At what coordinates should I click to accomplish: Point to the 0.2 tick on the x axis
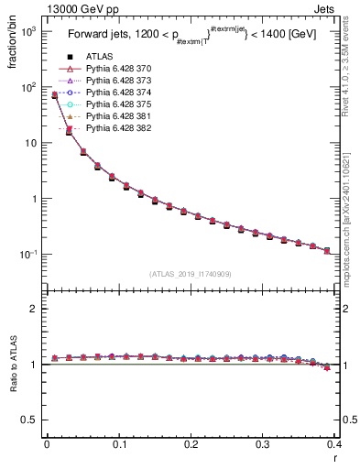coord(191,447)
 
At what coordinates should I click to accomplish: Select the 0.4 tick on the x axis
coord(334,447)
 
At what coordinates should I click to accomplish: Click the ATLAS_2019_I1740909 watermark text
coord(190,273)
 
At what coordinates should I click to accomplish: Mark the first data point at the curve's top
coord(54,94)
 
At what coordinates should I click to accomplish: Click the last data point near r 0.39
coord(327,250)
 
